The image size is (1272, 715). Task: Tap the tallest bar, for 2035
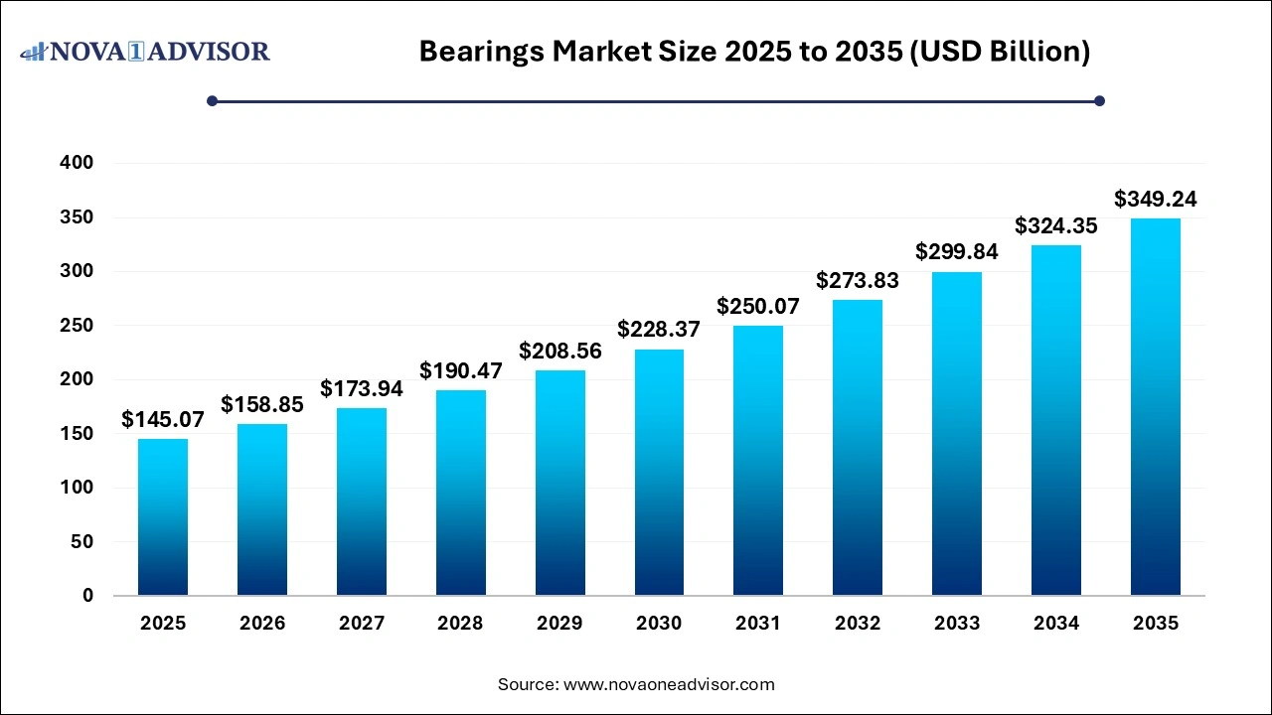[x=1155, y=407]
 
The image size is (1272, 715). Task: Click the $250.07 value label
[x=758, y=307]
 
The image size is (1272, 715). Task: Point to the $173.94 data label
[x=362, y=389]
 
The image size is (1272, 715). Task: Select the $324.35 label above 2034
[x=1056, y=226]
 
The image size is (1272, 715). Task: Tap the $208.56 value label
[x=560, y=351]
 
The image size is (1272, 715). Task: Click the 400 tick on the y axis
[x=77, y=163]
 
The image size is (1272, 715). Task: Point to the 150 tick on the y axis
[x=77, y=434]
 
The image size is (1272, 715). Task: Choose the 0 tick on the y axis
[x=87, y=596]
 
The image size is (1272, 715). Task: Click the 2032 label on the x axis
[x=858, y=624]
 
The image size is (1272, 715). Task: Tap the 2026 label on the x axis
[x=262, y=624]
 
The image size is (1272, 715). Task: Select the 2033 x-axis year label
[x=957, y=624]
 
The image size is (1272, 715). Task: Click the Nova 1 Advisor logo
[x=145, y=51]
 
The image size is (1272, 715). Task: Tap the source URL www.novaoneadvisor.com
[x=669, y=684]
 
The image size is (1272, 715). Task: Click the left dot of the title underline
[x=212, y=100]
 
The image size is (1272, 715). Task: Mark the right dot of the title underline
[x=1099, y=100]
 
